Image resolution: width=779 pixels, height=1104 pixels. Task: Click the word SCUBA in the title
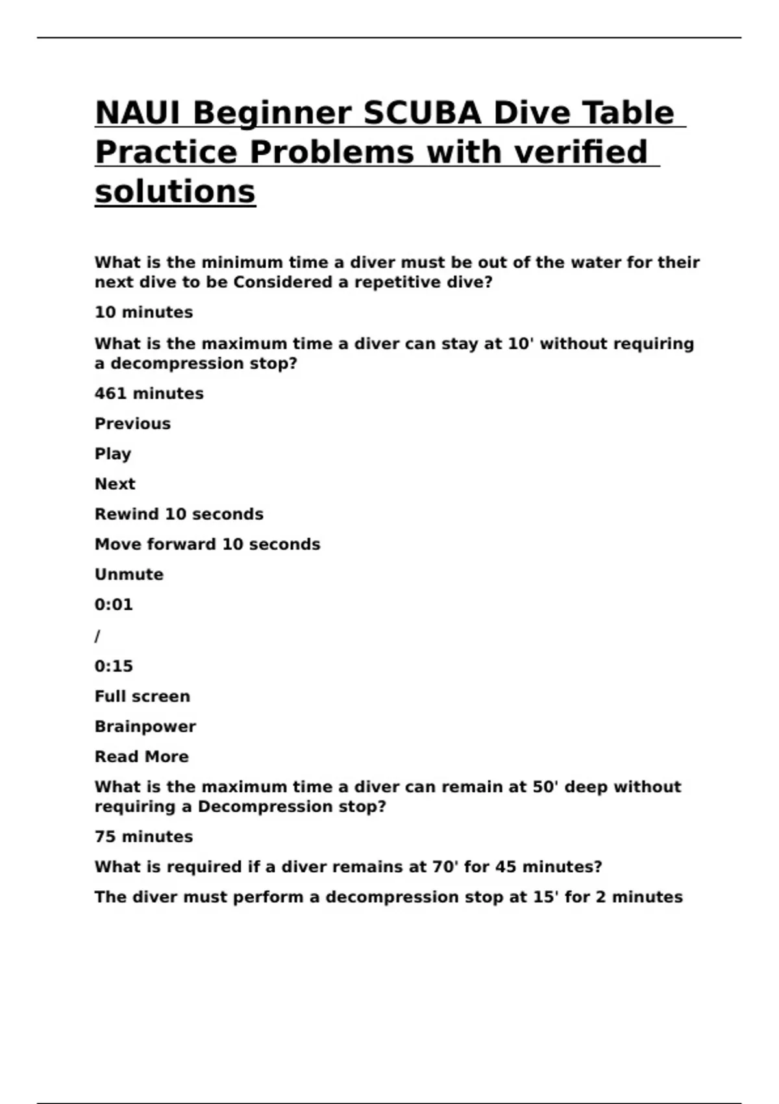click(x=421, y=113)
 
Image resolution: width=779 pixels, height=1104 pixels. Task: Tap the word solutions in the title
click(x=175, y=192)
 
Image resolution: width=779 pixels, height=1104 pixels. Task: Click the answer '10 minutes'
click(x=143, y=312)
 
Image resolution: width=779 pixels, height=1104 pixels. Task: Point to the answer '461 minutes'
click(x=149, y=394)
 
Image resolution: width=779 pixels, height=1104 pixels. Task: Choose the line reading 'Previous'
click(x=132, y=423)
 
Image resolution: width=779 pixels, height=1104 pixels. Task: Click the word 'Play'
click(x=113, y=454)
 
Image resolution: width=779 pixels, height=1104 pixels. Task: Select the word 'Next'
click(x=115, y=484)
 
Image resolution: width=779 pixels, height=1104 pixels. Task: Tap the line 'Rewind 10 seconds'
click(x=179, y=514)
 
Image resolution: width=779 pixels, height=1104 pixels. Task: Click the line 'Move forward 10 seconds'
click(x=207, y=544)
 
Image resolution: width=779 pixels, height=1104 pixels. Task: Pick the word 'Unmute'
click(x=129, y=575)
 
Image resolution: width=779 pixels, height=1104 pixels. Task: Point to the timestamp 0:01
click(x=114, y=605)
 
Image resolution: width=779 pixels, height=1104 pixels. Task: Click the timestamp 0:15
click(x=114, y=666)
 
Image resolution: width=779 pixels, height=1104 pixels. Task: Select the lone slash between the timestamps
click(x=97, y=636)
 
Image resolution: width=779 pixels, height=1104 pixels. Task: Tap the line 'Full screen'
click(x=142, y=696)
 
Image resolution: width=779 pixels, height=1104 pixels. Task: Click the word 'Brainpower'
click(x=145, y=727)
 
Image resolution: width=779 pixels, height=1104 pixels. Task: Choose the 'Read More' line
click(x=142, y=757)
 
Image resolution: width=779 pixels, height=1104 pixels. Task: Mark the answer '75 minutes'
click(x=143, y=836)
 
